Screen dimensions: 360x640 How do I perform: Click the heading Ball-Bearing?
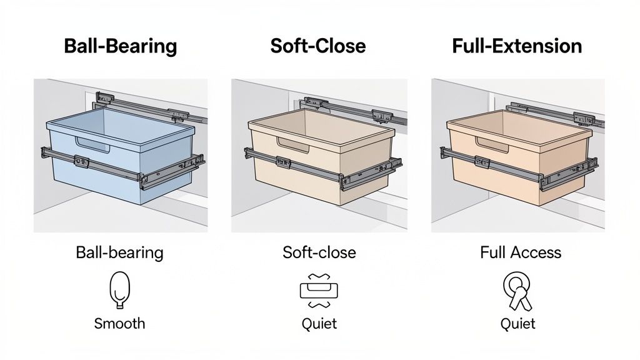point(120,46)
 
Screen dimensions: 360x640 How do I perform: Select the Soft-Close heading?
point(318,46)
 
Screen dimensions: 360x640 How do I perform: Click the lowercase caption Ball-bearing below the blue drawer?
point(119,252)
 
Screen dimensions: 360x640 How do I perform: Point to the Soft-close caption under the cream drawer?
point(319,252)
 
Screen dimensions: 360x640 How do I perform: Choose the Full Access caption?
point(520,252)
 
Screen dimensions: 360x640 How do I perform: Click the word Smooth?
point(119,323)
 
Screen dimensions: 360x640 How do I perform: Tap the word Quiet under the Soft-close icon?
point(319,323)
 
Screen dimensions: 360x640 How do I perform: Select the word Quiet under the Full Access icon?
point(517,323)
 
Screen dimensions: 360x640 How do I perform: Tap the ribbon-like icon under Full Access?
point(517,290)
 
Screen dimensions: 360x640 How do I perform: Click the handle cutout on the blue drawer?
point(95,142)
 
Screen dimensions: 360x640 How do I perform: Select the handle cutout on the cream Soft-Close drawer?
point(294,144)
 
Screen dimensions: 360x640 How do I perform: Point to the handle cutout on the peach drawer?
point(494,142)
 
